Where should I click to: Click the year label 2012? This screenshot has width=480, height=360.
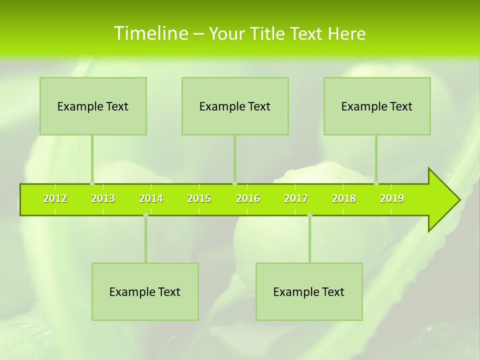[x=55, y=198]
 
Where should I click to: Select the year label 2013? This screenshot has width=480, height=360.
[x=103, y=198]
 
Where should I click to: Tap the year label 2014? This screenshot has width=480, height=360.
[x=151, y=198]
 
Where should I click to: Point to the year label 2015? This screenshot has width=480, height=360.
[x=199, y=198]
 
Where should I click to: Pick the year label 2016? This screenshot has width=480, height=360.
[x=248, y=198]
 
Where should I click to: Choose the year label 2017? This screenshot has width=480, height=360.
[x=296, y=198]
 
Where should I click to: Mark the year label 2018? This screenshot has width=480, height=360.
[x=344, y=198]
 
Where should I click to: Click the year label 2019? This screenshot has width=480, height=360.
[x=392, y=198]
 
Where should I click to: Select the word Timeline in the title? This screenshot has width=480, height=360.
[x=150, y=33]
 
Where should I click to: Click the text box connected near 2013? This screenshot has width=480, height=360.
[x=93, y=106]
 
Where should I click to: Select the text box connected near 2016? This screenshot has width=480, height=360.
[x=235, y=106]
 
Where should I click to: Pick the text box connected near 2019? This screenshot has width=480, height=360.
[x=377, y=106]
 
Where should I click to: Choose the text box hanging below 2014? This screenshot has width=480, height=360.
[x=145, y=291]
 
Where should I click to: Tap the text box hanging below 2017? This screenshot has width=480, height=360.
[x=309, y=291]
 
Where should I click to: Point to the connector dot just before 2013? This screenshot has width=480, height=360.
[x=92, y=183]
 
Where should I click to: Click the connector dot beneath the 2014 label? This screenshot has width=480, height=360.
[x=145, y=215]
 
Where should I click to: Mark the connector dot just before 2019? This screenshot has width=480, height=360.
[x=376, y=183]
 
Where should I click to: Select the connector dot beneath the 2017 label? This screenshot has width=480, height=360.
[x=309, y=215]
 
